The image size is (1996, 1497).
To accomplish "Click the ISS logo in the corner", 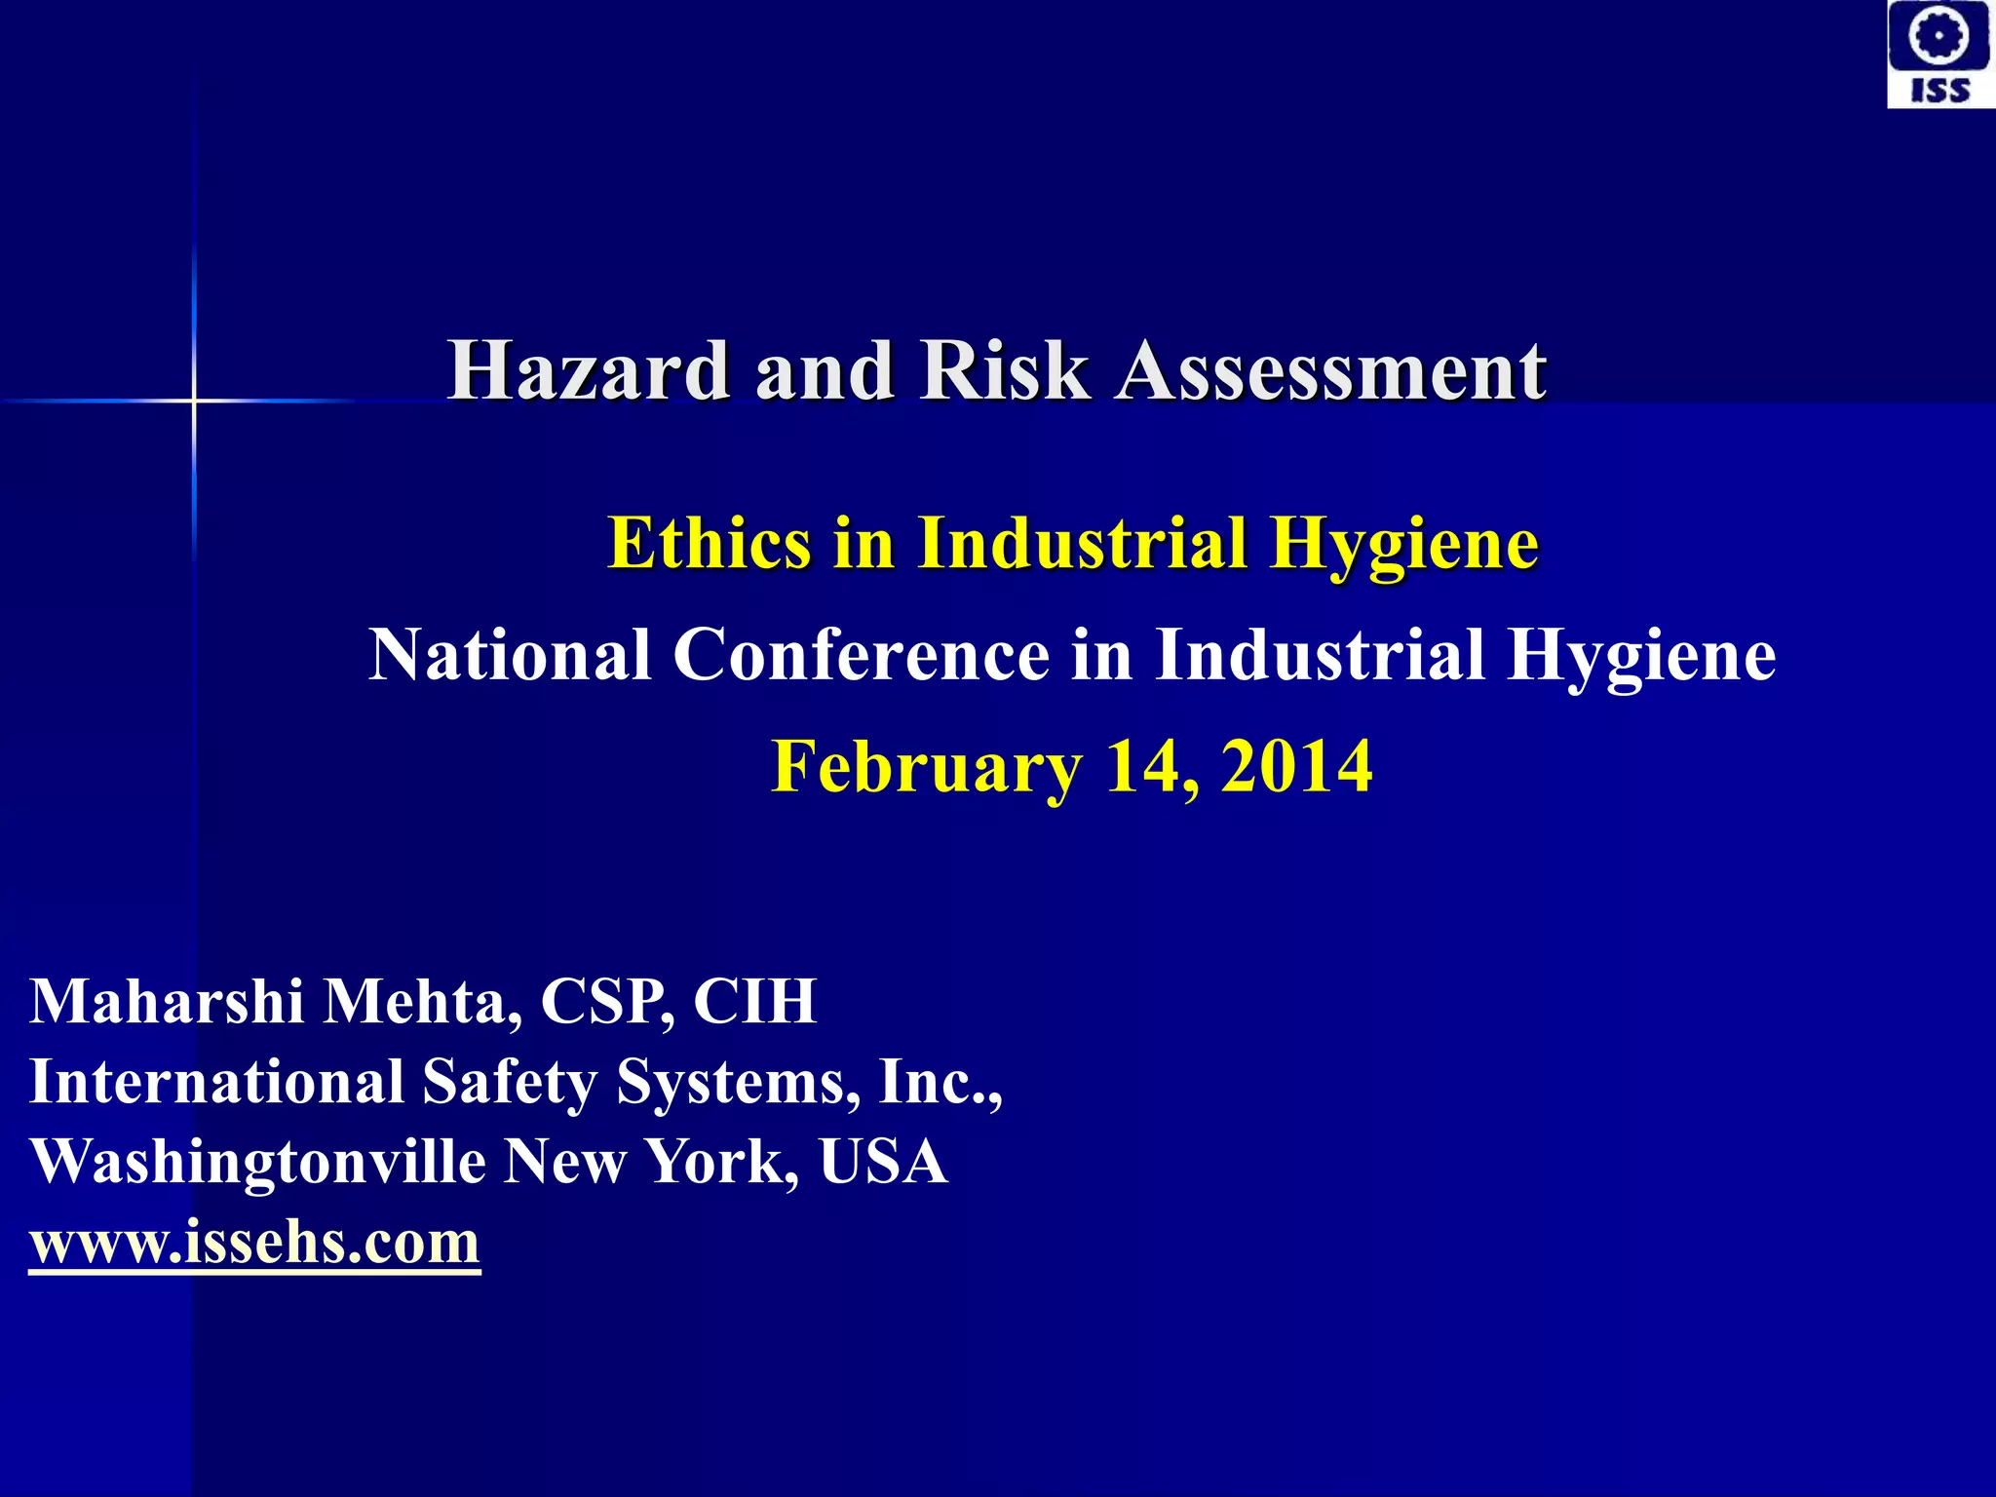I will click(x=1940, y=55).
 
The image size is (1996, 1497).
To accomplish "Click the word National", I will click(x=510, y=654).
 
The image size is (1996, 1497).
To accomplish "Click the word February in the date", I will click(x=926, y=767).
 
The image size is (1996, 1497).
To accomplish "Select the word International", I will click(x=216, y=1082).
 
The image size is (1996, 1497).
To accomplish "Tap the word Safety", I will click(x=510, y=1084).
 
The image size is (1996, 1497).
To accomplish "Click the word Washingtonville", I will click(x=258, y=1162).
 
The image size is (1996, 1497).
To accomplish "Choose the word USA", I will click(x=883, y=1162).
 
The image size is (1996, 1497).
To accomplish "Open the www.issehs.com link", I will click(x=254, y=1243).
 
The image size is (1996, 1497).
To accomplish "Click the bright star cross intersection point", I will click(x=194, y=401).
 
